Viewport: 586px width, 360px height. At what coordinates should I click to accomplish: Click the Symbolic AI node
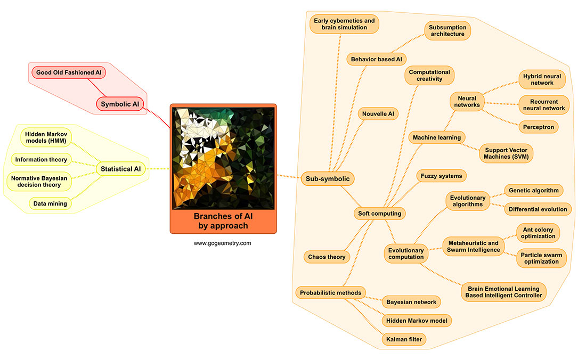(120, 104)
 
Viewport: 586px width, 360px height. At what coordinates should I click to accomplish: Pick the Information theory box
(41, 159)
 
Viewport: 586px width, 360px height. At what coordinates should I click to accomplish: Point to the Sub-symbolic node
(328, 179)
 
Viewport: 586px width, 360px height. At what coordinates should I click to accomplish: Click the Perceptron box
(539, 127)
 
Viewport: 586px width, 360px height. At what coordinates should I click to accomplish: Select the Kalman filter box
(404, 339)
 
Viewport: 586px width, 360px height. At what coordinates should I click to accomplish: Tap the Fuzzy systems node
(441, 175)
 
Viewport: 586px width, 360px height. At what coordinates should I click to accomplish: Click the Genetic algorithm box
(534, 190)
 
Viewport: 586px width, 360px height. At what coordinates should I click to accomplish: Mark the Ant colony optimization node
(538, 232)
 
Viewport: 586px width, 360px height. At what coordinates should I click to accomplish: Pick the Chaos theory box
(327, 257)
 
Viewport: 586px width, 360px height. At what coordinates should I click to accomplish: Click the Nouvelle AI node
(378, 114)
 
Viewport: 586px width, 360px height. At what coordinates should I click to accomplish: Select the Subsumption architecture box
(447, 31)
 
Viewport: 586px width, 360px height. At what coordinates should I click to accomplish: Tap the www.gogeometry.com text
(222, 243)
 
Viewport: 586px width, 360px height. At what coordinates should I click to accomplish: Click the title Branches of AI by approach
(223, 220)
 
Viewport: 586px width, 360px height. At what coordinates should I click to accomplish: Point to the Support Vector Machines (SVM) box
(506, 153)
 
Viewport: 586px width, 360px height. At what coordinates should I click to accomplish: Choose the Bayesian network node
(411, 302)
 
